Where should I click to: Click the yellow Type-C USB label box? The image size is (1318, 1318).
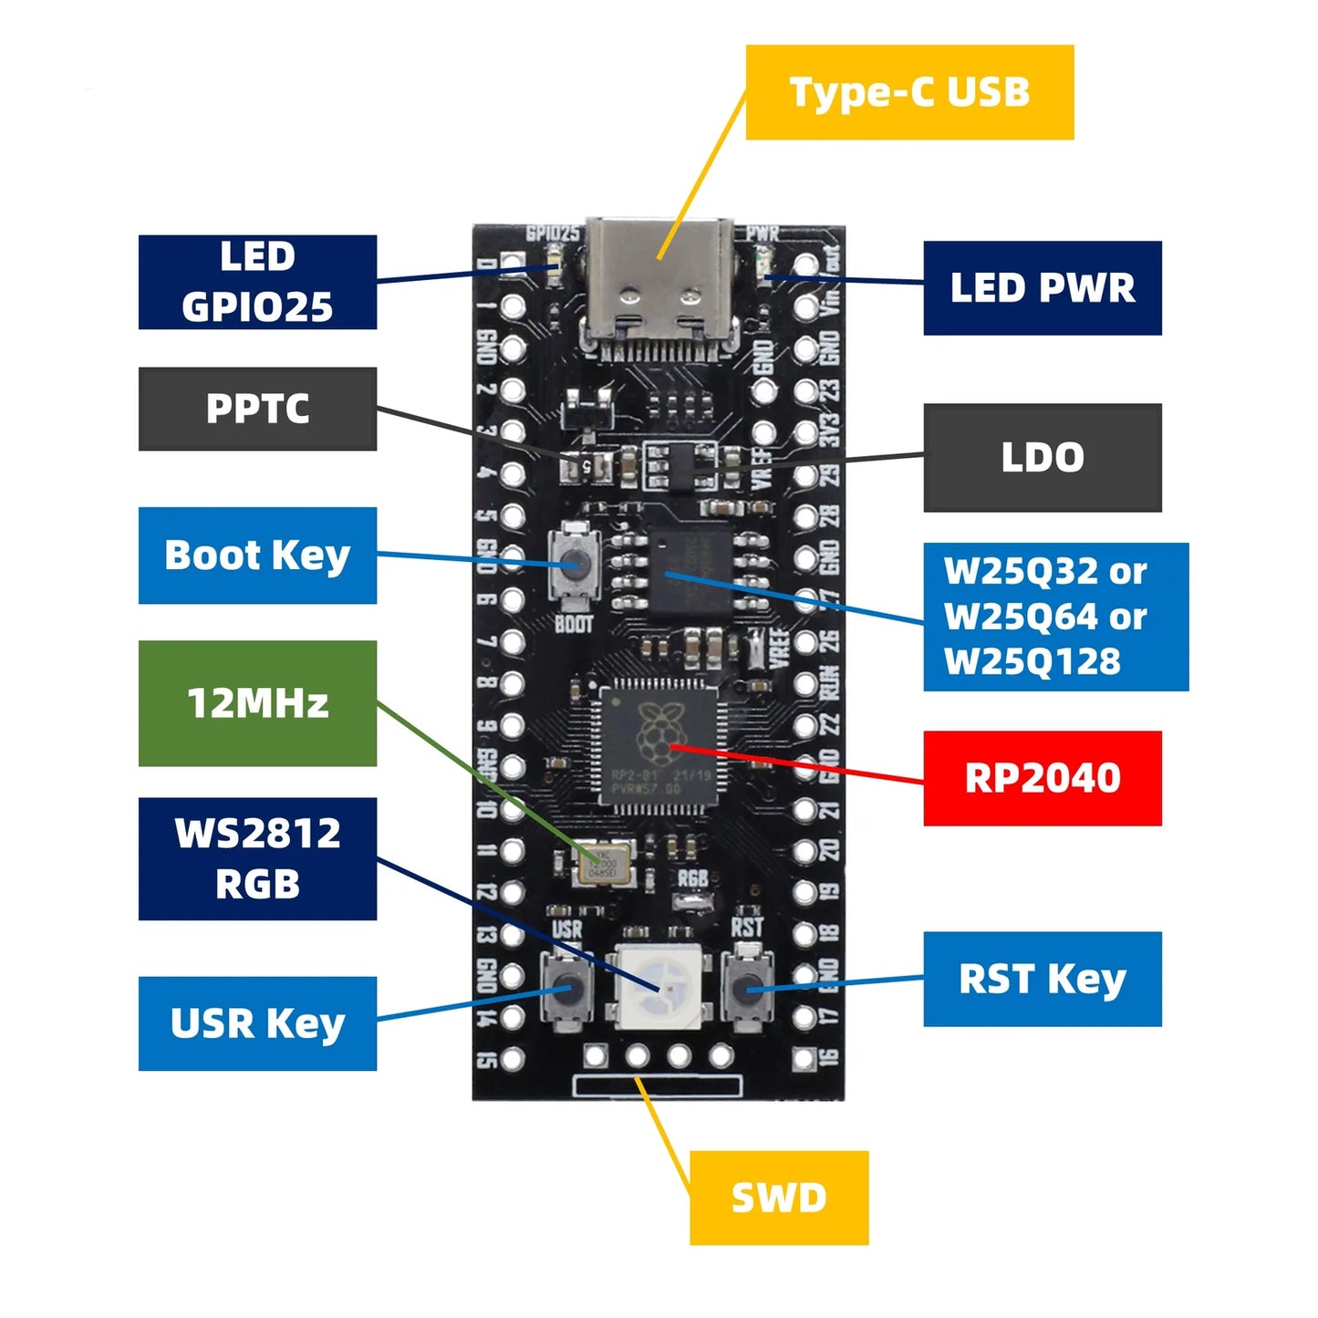click(x=909, y=92)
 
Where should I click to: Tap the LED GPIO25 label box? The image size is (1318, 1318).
click(x=257, y=282)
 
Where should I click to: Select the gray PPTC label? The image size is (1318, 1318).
click(x=257, y=409)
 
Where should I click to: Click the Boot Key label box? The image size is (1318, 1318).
click(x=257, y=555)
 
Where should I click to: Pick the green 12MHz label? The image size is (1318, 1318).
click(x=257, y=703)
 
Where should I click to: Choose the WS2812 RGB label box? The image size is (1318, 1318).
click(x=257, y=858)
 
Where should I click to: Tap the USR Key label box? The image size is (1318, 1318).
click(x=257, y=1023)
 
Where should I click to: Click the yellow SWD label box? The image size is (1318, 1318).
click(x=778, y=1198)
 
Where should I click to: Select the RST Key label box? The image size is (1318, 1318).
click(x=1042, y=979)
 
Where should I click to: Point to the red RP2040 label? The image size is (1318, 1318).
click(x=1042, y=778)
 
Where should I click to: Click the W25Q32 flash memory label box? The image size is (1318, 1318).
click(x=1055, y=617)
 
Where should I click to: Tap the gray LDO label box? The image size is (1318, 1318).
click(x=1042, y=457)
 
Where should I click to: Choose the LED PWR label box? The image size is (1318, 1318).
click(x=1042, y=288)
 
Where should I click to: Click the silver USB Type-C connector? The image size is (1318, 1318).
click(x=659, y=283)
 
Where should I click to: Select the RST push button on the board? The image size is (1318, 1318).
click(x=747, y=987)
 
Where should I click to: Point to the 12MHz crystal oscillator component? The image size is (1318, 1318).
click(x=603, y=863)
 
